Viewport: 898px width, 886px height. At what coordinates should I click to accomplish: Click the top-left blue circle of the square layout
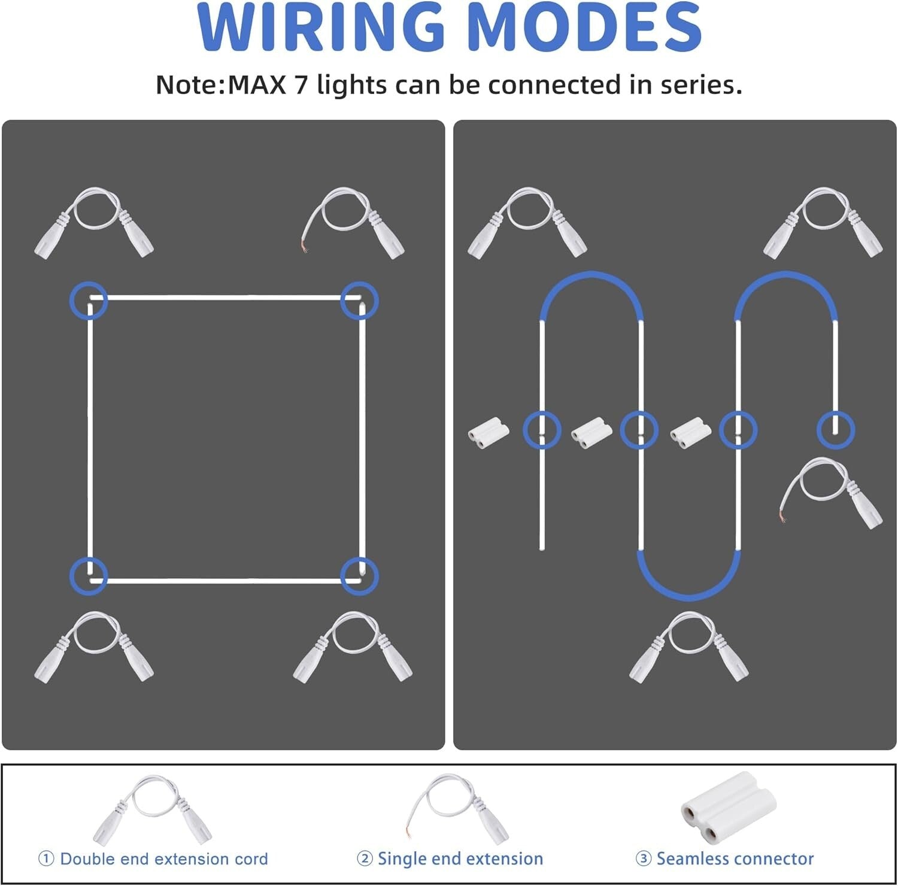pyautogui.click(x=89, y=300)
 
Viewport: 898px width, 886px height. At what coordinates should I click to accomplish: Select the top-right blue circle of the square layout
pyautogui.click(x=359, y=300)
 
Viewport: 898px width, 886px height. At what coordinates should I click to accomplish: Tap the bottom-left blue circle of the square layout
pyautogui.click(x=89, y=575)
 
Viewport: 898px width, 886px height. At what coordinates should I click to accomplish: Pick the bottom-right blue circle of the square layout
pyautogui.click(x=359, y=575)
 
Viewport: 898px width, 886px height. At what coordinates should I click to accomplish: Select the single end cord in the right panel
pyautogui.click(x=832, y=493)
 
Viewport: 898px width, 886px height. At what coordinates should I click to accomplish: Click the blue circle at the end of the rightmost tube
pyautogui.click(x=836, y=430)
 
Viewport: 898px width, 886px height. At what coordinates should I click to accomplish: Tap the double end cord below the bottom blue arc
pyautogui.click(x=688, y=647)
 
